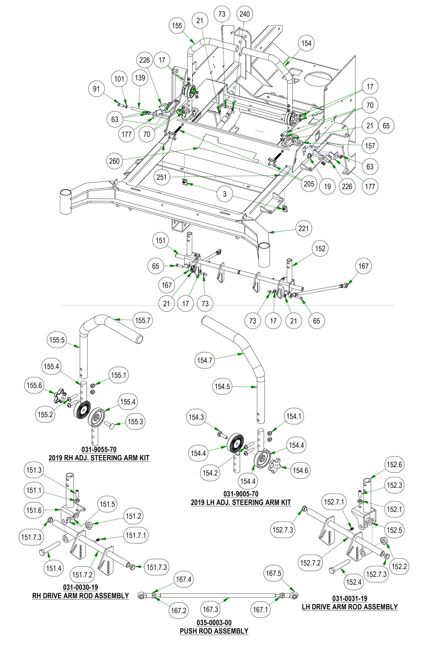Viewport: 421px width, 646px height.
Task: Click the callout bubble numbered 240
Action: tap(244, 14)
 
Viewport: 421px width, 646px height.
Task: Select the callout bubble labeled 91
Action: tap(96, 89)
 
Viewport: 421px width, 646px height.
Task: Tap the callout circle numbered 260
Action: tap(114, 161)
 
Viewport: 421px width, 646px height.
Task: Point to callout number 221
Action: tap(303, 228)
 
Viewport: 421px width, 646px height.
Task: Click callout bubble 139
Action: tap(140, 78)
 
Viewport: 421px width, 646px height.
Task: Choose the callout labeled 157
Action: tap(370, 146)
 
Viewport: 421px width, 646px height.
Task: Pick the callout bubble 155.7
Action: tap(143, 320)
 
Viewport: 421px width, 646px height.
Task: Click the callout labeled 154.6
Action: tap(300, 470)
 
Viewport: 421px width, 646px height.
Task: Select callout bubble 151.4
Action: tap(54, 568)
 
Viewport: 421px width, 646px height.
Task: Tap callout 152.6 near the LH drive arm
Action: tap(394, 465)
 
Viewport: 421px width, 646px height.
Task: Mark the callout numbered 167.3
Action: tap(210, 609)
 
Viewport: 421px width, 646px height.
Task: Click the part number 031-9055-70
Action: tap(99, 449)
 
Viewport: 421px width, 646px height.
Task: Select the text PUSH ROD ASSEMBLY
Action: tap(214, 631)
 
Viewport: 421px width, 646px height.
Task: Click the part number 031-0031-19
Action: tap(350, 599)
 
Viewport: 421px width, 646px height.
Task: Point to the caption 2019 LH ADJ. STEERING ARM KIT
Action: tap(241, 502)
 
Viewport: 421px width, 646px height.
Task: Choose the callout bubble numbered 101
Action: tap(119, 79)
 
